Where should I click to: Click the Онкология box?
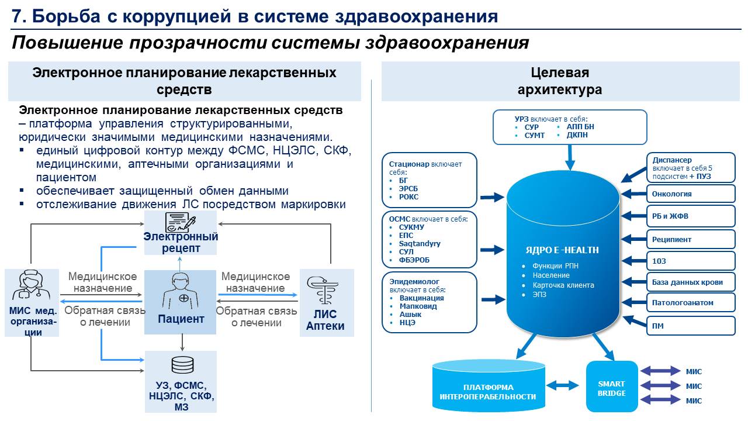[x=690, y=194]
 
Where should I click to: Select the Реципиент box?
[x=690, y=239]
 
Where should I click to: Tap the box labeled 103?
[x=690, y=261]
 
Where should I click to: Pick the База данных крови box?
[x=690, y=282]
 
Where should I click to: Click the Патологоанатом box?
[x=690, y=303]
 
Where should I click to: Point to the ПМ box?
[x=690, y=326]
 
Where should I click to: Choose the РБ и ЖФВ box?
[x=690, y=216]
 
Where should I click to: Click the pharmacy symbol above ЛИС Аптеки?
[x=326, y=290]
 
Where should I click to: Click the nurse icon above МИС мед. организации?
[x=32, y=287]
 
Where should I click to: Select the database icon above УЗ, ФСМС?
[x=179, y=365]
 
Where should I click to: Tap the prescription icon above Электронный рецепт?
[x=181, y=223]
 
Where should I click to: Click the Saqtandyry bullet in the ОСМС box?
[x=420, y=244]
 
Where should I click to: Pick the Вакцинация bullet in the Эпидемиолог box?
[x=421, y=298]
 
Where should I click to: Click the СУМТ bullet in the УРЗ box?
[x=535, y=136]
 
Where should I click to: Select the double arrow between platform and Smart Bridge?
[x=565, y=385]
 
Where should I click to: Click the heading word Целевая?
[x=560, y=73]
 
